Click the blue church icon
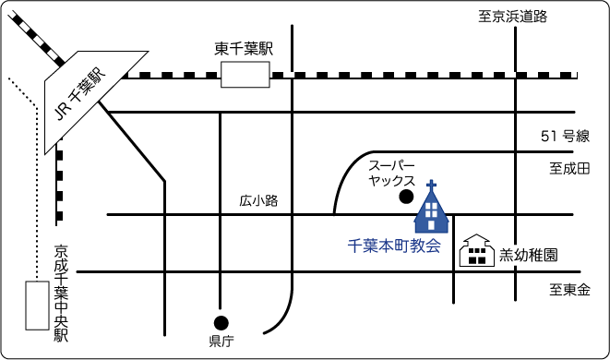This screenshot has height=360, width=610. (x=431, y=210)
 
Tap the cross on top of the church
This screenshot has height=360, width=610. (x=431, y=186)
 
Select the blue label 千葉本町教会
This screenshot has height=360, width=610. (x=394, y=246)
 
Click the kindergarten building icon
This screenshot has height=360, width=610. (x=477, y=250)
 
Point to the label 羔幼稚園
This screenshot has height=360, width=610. (x=529, y=256)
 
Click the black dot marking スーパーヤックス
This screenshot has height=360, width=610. (x=406, y=197)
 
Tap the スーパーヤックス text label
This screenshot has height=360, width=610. (x=392, y=174)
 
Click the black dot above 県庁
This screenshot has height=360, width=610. (x=221, y=323)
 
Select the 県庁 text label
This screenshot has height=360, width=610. (x=221, y=342)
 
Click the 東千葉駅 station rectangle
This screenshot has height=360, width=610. (x=245, y=75)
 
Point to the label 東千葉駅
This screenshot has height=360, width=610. (x=244, y=49)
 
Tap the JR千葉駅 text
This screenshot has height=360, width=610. (x=79, y=95)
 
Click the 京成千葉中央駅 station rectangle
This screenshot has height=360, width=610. (x=37, y=306)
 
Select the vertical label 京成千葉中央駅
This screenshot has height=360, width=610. (x=61, y=294)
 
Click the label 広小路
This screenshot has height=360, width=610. (x=258, y=201)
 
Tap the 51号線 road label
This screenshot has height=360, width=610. (x=566, y=136)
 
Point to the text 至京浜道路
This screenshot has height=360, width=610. (x=513, y=17)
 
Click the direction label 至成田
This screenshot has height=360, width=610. (x=569, y=169)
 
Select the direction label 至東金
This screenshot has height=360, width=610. (x=570, y=290)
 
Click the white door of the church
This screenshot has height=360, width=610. (x=431, y=225)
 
